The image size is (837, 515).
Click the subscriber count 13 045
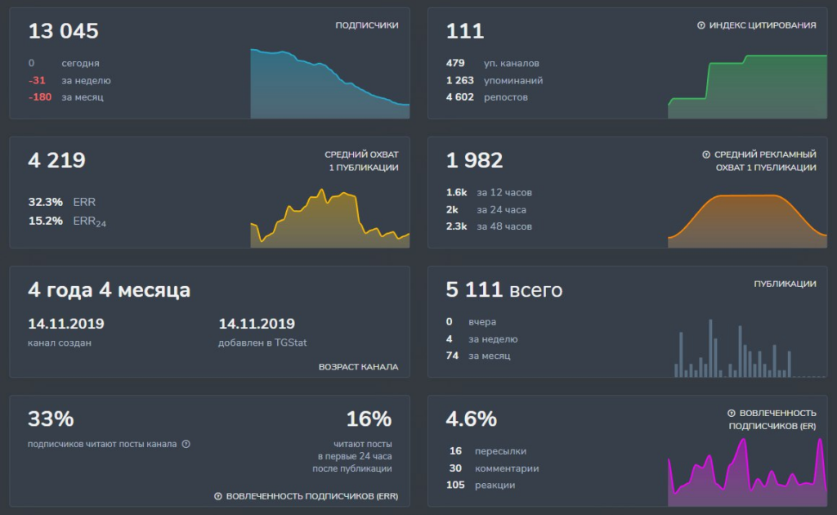click(63, 31)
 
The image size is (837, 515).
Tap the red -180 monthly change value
click(40, 97)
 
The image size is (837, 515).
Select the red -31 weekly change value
click(37, 80)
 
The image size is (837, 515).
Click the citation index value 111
click(465, 31)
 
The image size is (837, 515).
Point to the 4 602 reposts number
click(460, 97)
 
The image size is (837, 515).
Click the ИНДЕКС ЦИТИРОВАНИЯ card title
click(763, 25)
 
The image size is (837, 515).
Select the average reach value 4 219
click(56, 160)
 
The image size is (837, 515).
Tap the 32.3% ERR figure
click(46, 202)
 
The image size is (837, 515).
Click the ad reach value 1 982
click(475, 160)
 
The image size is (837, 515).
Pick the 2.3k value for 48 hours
click(456, 226)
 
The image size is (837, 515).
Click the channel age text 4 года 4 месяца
click(109, 289)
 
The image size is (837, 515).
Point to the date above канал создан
click(66, 324)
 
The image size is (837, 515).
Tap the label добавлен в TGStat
click(262, 343)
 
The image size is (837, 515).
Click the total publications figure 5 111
click(475, 289)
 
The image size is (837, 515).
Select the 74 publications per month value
click(452, 356)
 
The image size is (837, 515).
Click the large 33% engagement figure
click(51, 419)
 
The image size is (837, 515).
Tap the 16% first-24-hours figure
click(369, 419)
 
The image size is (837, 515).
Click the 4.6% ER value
click(472, 419)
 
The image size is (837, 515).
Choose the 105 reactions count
click(455, 485)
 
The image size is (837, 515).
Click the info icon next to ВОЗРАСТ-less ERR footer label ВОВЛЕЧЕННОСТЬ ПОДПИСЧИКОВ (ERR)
click(217, 496)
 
